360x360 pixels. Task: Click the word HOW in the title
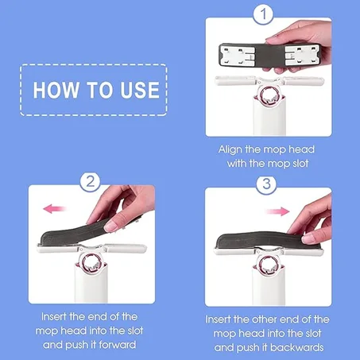[x=58, y=88]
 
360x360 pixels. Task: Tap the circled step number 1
[x=263, y=14]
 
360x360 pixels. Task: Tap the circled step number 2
[x=91, y=181]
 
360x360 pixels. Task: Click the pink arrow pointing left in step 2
[x=53, y=208]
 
